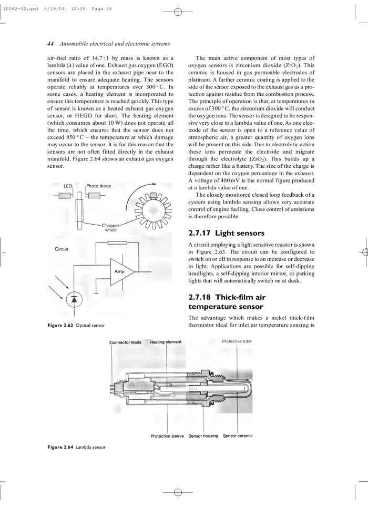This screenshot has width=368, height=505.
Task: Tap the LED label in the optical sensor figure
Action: pos(67,187)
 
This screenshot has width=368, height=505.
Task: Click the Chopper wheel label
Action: pos(110,227)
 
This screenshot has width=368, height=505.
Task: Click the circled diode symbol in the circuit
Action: pos(74,299)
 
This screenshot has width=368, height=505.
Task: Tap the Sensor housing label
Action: pos(203,436)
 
